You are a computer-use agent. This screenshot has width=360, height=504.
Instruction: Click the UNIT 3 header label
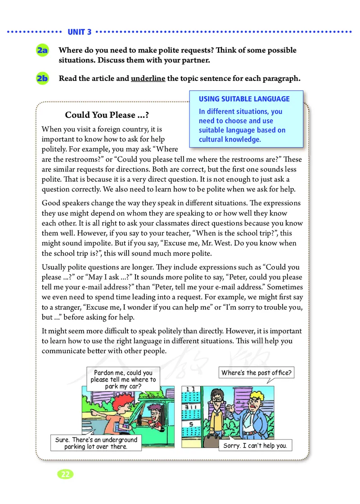point(79,32)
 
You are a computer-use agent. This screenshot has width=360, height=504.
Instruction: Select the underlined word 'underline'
point(148,78)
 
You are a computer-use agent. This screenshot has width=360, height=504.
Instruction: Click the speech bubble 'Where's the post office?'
point(256,373)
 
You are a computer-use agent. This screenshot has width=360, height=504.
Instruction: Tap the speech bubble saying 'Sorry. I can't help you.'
point(255,446)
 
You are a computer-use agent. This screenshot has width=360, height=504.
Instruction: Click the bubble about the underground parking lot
point(96,443)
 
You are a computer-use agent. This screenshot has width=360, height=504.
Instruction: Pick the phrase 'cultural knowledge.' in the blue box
point(229,139)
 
